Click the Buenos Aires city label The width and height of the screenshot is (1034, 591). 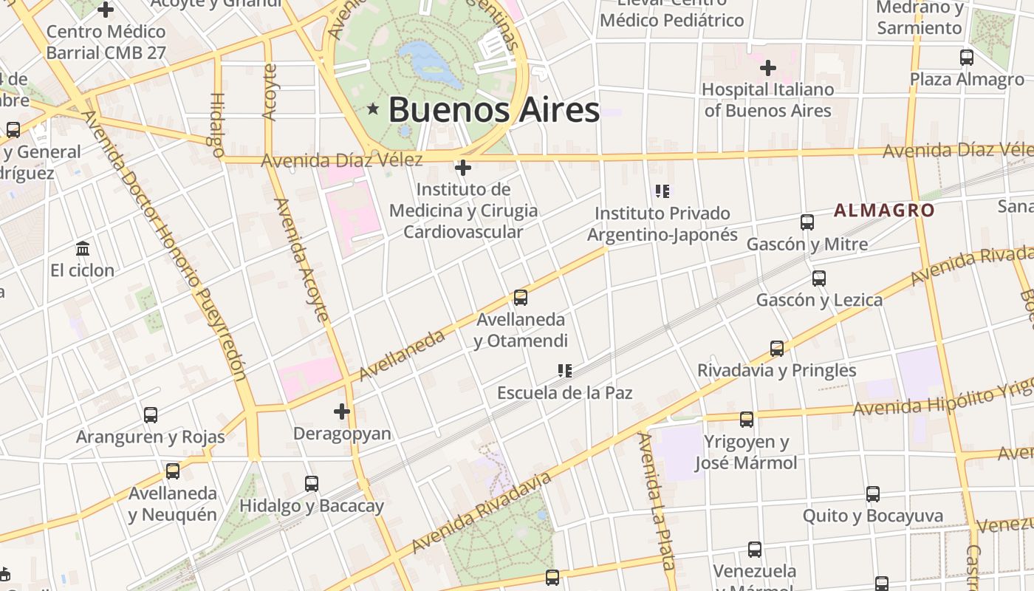(x=493, y=110)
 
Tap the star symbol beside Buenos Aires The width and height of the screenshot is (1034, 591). (x=373, y=109)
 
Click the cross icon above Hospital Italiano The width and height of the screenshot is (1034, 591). (x=768, y=69)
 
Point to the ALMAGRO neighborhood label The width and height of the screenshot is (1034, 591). (x=884, y=210)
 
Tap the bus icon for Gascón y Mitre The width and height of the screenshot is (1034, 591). (x=807, y=222)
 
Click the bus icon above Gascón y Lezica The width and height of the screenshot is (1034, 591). (x=818, y=279)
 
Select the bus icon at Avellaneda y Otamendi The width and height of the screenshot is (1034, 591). (x=521, y=298)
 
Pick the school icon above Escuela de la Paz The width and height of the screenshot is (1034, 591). (x=565, y=370)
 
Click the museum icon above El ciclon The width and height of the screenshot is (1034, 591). (x=83, y=248)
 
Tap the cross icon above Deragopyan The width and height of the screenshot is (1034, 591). (x=342, y=411)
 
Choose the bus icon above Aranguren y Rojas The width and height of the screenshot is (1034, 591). (x=151, y=414)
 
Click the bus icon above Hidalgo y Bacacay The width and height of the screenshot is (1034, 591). (x=312, y=484)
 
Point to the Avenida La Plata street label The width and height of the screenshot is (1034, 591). (x=657, y=502)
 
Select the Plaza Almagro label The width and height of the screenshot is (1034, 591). (x=966, y=80)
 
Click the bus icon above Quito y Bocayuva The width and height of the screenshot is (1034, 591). (x=873, y=493)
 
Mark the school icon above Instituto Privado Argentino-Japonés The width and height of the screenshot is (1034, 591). (x=662, y=192)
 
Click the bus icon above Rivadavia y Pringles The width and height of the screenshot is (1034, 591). (x=777, y=349)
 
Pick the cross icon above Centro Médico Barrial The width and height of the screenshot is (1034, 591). (x=106, y=10)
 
